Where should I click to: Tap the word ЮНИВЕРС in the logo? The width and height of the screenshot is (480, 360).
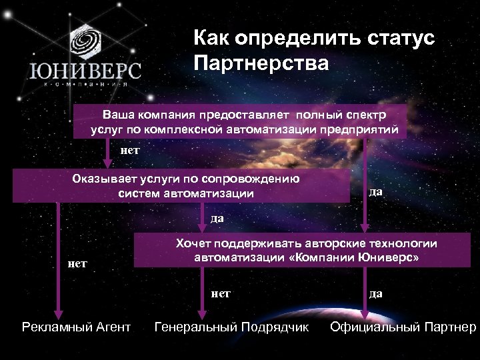pos(84,70)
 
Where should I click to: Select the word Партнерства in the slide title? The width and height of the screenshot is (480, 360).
pos(261,64)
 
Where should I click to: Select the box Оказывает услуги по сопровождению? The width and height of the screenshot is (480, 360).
pos(181,186)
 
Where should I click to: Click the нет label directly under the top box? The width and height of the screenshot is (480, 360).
pos(129,151)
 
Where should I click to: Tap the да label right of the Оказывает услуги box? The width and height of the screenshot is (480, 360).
pos(375,192)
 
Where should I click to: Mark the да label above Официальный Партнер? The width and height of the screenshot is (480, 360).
pos(375,293)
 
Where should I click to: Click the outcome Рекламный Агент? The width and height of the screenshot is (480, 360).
pos(76,327)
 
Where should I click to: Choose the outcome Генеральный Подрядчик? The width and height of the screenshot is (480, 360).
pos(232,327)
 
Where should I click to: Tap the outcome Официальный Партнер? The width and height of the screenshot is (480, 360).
pos(403,327)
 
